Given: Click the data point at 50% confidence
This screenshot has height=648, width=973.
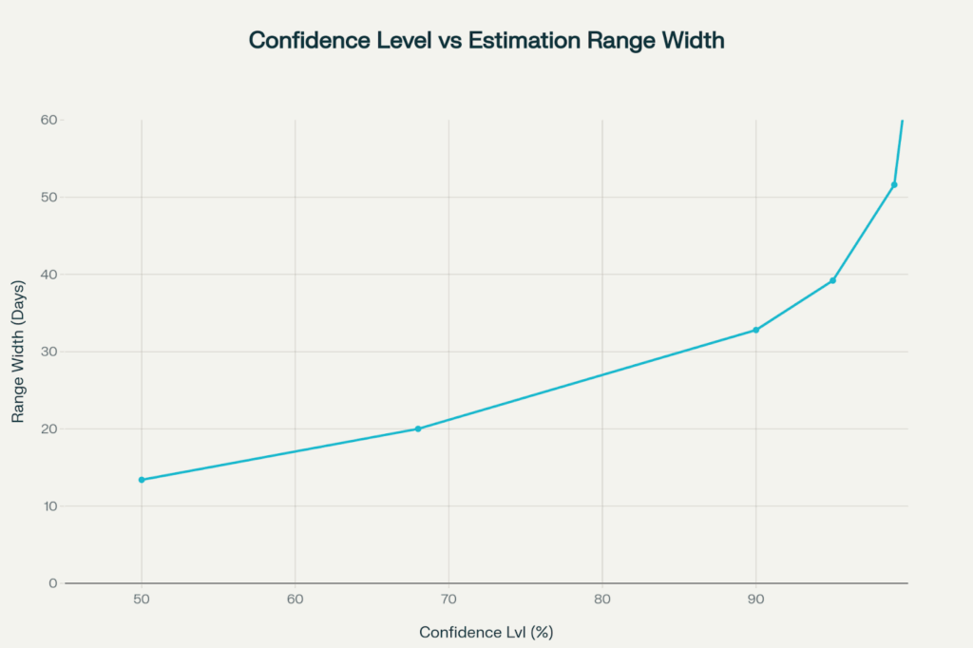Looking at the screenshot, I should point(142,480).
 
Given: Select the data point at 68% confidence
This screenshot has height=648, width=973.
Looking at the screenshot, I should point(418,429).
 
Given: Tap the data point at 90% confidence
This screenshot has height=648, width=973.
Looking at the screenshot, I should point(755,330).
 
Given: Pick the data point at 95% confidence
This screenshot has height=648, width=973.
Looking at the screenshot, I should point(832,280).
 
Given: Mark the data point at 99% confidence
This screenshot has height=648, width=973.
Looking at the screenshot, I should point(894,184).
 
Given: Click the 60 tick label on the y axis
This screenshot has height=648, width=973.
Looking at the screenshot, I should point(48,120).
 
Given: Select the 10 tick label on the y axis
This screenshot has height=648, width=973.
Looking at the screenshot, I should point(48,506).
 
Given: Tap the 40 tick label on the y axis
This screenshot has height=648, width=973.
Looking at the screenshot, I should point(48,275).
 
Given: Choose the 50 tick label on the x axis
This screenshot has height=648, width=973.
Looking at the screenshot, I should point(142,600).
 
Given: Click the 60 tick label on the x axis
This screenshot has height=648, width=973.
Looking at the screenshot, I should point(296,600).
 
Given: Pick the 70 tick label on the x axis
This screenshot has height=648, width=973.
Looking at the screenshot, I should point(448,600).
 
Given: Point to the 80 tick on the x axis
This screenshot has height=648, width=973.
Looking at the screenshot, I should point(602,600).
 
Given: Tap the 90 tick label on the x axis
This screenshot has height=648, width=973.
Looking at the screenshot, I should point(755,600).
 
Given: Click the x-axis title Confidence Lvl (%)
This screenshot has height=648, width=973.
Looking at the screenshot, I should point(486,632).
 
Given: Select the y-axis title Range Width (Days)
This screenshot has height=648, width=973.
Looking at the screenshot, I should point(17,353).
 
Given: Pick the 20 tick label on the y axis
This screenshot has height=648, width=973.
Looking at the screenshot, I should point(48,429).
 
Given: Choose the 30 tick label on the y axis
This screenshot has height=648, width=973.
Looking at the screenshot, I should point(48,352).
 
